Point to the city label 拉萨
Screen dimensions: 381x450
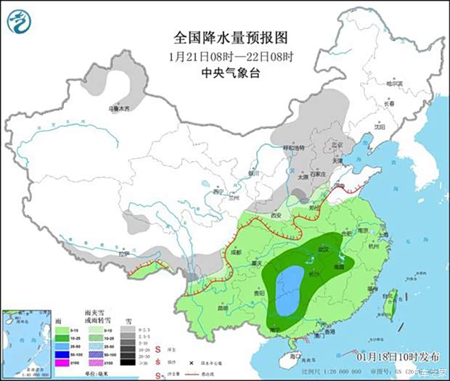click(x=124, y=254)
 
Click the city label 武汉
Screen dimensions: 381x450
click(x=323, y=250)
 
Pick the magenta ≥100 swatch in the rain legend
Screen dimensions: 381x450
click(x=63, y=362)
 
